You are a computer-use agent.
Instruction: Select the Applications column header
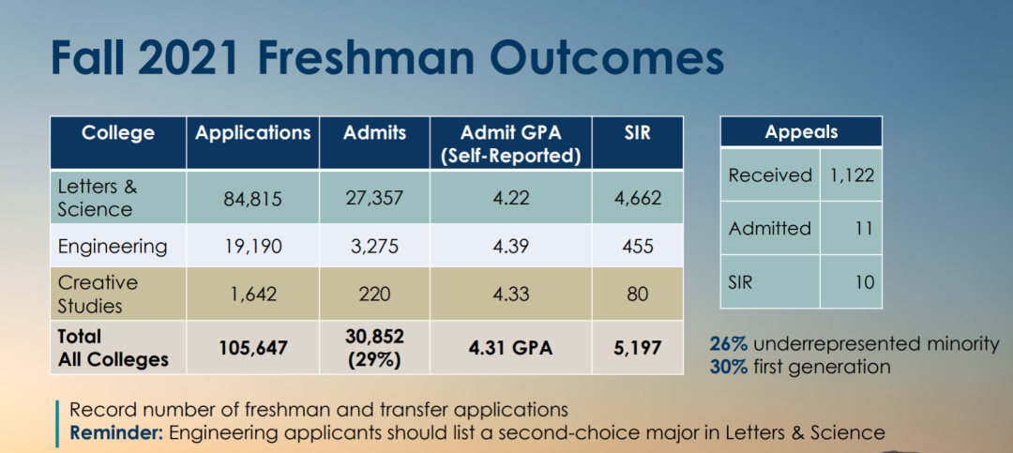[252, 133]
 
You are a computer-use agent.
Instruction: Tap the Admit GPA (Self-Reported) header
[511, 144]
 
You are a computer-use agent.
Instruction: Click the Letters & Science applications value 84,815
[253, 199]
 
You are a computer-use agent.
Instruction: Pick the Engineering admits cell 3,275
[374, 247]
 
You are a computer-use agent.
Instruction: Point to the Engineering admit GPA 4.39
[511, 247]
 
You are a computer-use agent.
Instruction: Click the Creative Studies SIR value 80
[637, 294]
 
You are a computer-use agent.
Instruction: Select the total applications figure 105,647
[253, 348]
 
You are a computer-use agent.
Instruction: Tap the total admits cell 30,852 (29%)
[374, 348]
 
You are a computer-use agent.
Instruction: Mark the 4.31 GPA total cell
[511, 348]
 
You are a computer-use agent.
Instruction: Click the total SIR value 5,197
[637, 348]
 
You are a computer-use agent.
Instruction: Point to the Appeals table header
[801, 132]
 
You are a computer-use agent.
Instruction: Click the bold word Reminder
[117, 432]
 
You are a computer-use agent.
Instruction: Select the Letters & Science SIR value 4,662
[637, 199]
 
